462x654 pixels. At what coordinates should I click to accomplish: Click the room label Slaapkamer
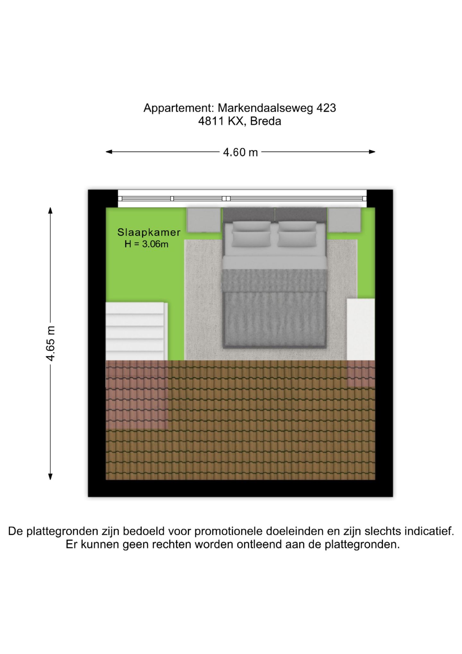[149, 232]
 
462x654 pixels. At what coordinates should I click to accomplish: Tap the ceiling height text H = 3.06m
[147, 244]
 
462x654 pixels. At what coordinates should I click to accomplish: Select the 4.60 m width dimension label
[240, 152]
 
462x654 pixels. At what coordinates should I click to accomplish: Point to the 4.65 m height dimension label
[51, 343]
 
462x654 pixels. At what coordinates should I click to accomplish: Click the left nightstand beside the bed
[204, 220]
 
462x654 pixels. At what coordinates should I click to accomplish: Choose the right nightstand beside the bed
[344, 220]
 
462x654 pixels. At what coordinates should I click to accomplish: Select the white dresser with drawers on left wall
[137, 331]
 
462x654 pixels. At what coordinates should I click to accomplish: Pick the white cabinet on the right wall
[361, 330]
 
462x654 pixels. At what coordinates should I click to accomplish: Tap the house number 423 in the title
[326, 108]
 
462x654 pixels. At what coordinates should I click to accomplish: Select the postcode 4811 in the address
[211, 121]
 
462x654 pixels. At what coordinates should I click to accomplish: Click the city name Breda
[266, 121]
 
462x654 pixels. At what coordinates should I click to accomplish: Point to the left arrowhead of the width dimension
[109, 152]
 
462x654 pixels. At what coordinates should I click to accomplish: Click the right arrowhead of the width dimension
[372, 152]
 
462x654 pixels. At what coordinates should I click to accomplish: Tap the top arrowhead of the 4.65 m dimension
[50, 211]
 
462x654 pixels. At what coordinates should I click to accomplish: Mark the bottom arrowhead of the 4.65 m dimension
[50, 476]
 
